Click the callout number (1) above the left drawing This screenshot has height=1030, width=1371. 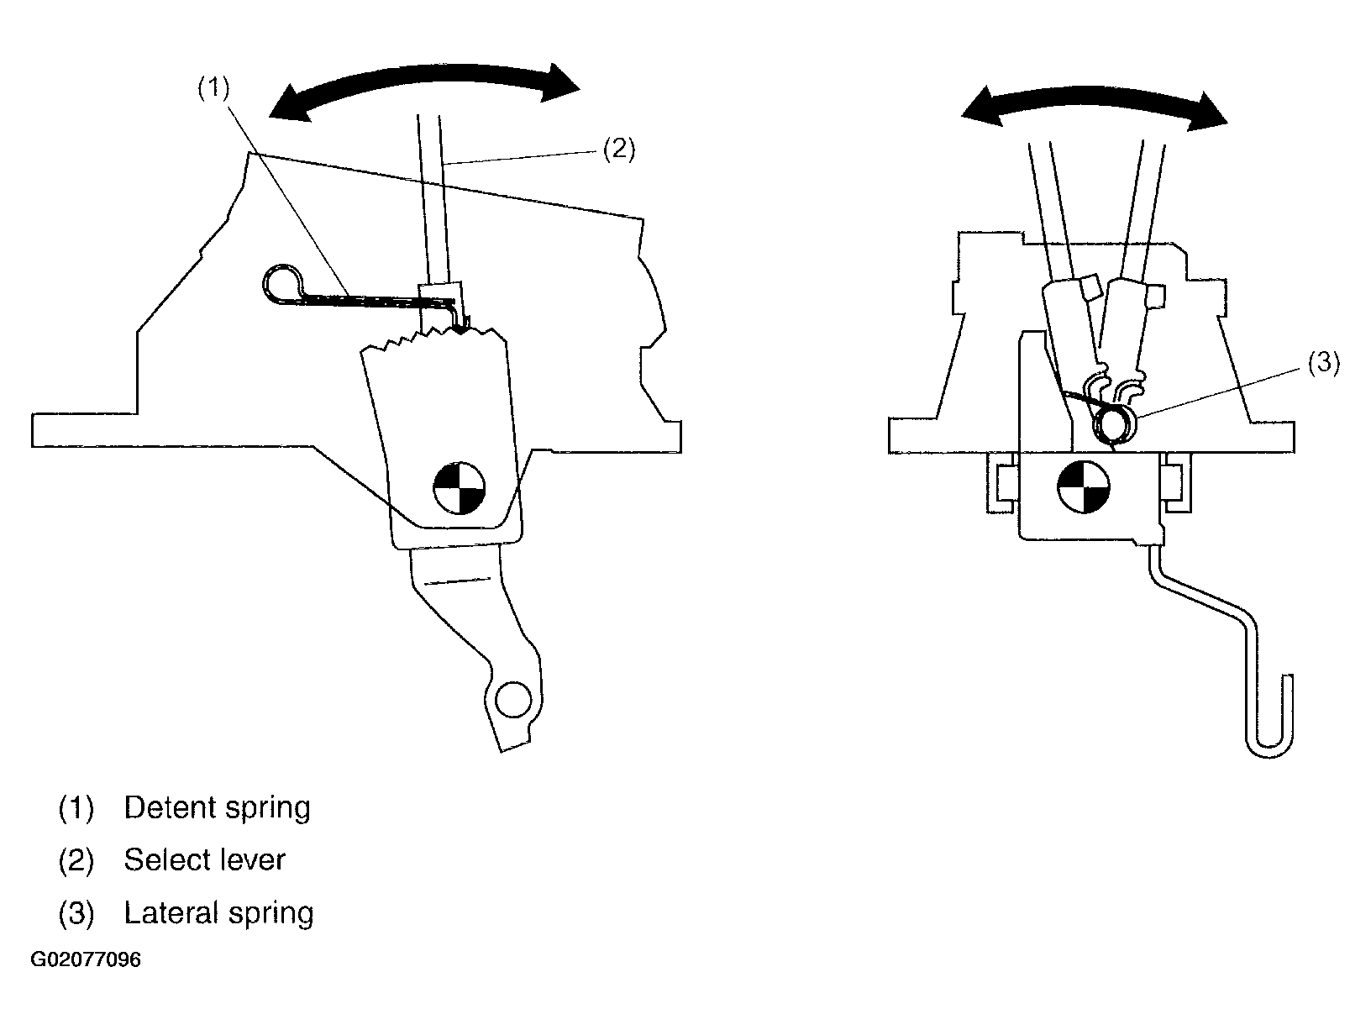coord(213,88)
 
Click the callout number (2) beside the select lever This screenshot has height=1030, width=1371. coord(619,150)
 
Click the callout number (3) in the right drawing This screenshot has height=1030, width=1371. coord(1324,363)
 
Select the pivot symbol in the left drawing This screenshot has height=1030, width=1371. coord(459,488)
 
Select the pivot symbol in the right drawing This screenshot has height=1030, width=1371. coord(1084,487)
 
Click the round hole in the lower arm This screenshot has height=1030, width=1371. coord(512,699)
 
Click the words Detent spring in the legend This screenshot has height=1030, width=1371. coord(217,807)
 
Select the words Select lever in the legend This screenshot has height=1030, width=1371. coord(204,860)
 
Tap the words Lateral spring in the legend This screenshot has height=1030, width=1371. coord(218,913)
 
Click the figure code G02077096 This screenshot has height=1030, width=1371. coord(86,959)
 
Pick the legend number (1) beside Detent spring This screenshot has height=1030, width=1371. coord(76,808)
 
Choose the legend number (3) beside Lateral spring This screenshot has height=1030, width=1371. coord(76,914)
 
